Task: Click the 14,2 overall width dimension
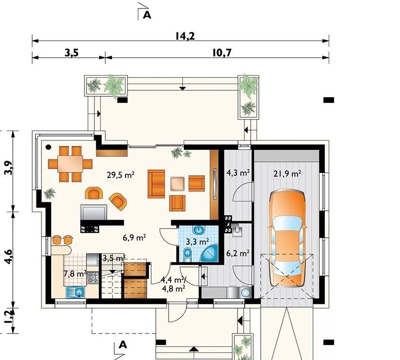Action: (x=185, y=36)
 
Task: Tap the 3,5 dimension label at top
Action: (x=71, y=53)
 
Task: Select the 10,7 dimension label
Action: (x=221, y=53)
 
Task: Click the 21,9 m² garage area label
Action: (x=287, y=174)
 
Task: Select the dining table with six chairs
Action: (x=70, y=163)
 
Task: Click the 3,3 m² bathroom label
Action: (x=197, y=241)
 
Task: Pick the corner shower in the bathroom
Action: (x=210, y=253)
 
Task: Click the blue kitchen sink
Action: (x=76, y=292)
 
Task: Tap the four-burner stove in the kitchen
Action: (x=93, y=278)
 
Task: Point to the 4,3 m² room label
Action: (x=238, y=173)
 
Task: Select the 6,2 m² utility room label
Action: (x=238, y=253)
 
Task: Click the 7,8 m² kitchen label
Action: (x=75, y=274)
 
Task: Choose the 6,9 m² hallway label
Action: (x=134, y=238)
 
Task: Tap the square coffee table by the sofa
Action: (x=178, y=184)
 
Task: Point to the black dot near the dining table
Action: (x=48, y=147)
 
